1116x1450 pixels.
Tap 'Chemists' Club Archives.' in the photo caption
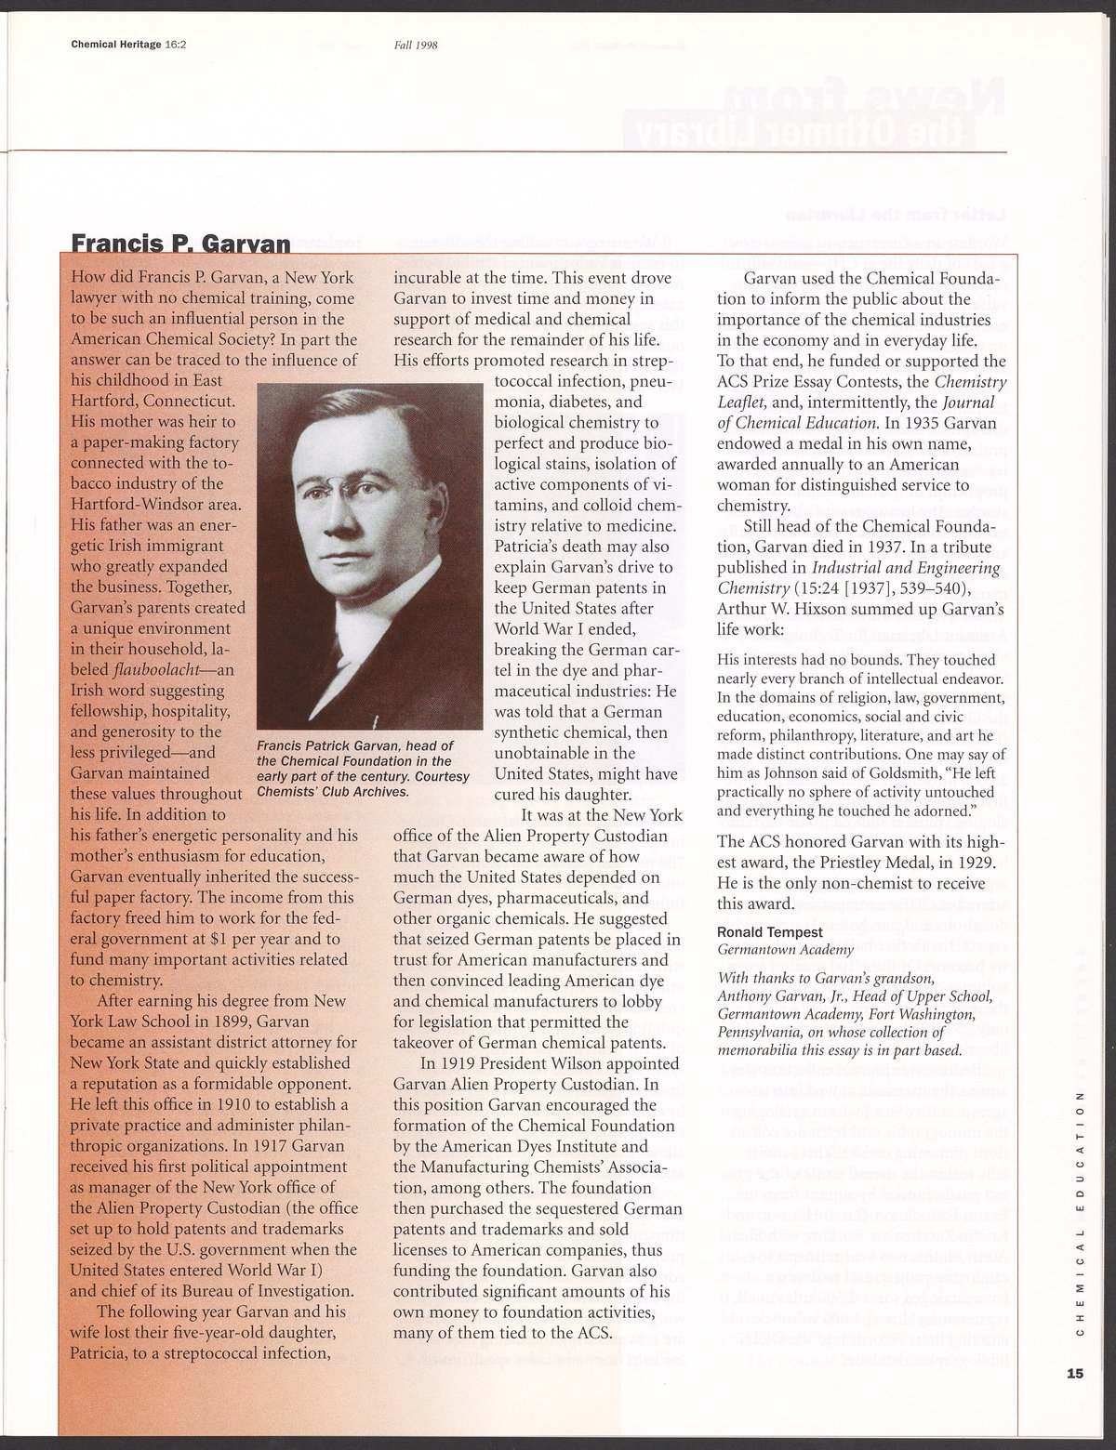(332, 792)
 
